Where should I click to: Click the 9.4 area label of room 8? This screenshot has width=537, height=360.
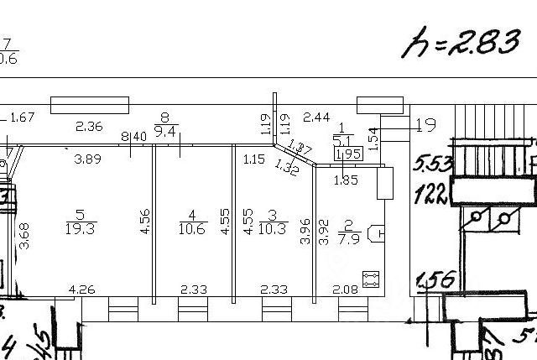click(165, 131)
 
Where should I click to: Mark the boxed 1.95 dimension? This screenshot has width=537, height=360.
click(347, 154)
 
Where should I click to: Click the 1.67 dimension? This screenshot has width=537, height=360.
click(22, 117)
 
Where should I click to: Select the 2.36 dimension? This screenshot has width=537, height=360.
click(89, 128)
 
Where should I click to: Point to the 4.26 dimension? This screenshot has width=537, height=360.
click(81, 290)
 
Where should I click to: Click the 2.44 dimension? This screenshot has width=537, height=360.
click(316, 117)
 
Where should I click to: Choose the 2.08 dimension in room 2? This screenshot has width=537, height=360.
click(344, 290)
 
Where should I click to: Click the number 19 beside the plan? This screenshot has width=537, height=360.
click(426, 127)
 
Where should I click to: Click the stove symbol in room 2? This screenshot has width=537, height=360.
click(369, 278)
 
